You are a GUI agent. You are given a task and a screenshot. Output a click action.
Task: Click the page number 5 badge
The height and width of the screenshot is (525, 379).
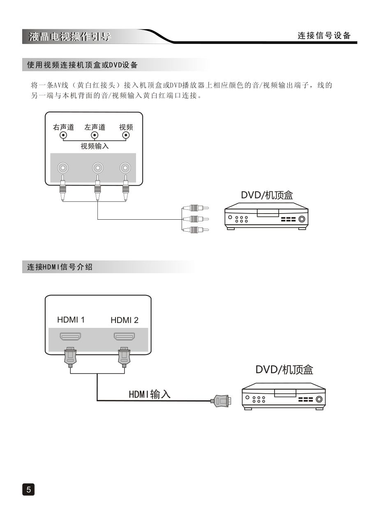click(28, 489)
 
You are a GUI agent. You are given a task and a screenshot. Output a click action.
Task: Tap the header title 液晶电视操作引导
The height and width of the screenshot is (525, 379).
click(70, 37)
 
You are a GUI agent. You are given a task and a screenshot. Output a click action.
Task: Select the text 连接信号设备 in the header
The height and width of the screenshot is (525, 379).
click(324, 36)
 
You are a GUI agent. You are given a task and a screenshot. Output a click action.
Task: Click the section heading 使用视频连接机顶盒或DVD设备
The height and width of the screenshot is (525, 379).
click(82, 65)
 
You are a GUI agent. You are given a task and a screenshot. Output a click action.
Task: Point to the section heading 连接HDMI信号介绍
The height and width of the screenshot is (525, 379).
click(60, 267)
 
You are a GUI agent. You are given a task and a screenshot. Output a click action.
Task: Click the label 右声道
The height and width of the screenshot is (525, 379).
click(63, 127)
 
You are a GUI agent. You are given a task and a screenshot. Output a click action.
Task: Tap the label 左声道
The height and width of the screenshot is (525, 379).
click(95, 127)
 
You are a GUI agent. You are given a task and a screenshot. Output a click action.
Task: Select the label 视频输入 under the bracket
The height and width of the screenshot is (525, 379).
click(95, 146)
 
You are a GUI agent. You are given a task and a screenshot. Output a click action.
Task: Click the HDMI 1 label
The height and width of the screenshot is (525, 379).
click(71, 320)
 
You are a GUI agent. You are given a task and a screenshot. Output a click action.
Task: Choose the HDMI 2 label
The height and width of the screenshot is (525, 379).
click(125, 320)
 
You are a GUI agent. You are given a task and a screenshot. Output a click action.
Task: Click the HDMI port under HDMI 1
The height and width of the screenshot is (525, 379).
click(70, 337)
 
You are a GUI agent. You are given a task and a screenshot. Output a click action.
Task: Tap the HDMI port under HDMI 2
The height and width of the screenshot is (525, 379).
click(124, 337)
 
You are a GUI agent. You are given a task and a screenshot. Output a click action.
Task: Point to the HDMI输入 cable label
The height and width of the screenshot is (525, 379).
click(150, 394)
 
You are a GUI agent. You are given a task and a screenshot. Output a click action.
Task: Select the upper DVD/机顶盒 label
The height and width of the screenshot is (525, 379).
click(267, 195)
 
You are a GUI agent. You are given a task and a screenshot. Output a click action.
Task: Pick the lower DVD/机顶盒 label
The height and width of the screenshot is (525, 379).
click(284, 369)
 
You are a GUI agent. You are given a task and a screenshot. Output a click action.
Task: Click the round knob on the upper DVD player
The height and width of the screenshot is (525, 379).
click(302, 219)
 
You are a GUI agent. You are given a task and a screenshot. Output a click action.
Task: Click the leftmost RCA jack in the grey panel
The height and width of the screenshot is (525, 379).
click(62, 168)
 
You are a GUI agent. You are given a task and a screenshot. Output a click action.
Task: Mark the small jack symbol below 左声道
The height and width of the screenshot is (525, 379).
click(95, 135)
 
